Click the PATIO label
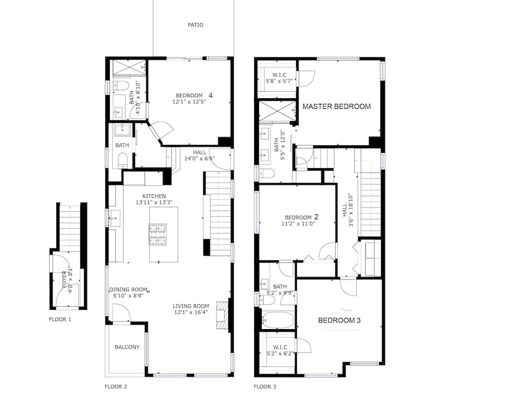click(195, 25)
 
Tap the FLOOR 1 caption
click(60, 319)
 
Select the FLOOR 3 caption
click(265, 386)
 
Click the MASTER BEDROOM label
click(336, 106)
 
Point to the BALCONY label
click(127, 347)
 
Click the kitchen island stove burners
click(157, 234)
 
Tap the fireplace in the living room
click(222, 315)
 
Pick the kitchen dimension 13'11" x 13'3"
click(154, 203)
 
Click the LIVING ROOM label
click(191, 306)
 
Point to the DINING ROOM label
click(129, 289)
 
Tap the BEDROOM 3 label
click(340, 320)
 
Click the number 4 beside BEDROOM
click(210, 95)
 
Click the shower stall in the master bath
click(277, 111)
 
